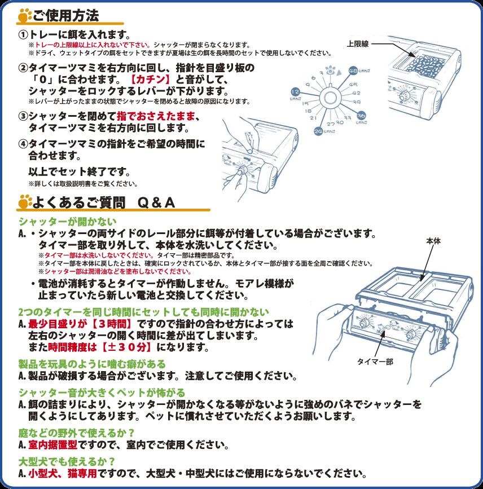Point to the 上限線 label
pos(358,43)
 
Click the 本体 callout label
pos(433,241)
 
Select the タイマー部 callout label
pos(374,362)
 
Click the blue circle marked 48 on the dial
pos(353,71)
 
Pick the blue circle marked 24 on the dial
pos(318,131)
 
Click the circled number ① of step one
pos(24,34)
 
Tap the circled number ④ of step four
pos(24,143)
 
